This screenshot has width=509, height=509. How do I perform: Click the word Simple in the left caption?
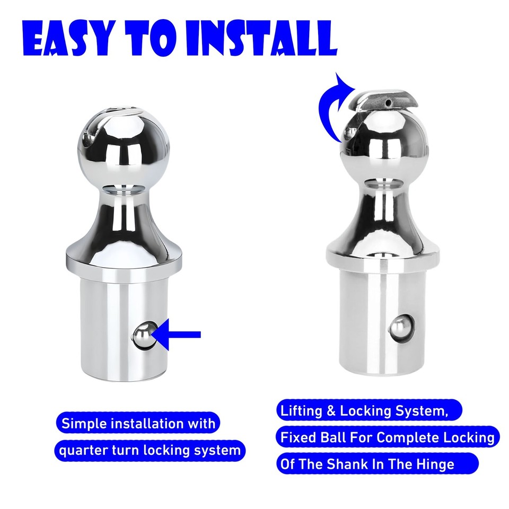tap(83, 424)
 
